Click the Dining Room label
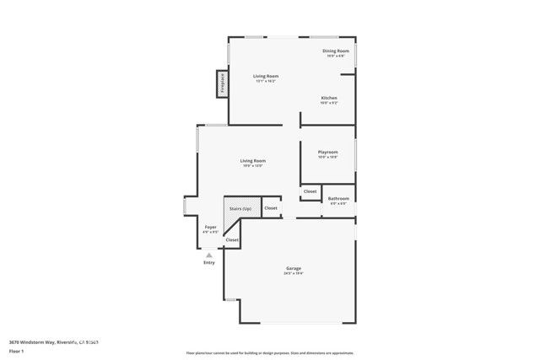336,51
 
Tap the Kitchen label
329,98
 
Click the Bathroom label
339,198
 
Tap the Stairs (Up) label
240,207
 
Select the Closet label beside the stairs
271,207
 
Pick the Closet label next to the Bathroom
310,191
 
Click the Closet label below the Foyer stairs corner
232,239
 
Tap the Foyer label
211,226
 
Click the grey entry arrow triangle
209,254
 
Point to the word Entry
209,262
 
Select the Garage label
294,269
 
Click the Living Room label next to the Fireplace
267,76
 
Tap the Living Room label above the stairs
252,160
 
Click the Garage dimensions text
294,274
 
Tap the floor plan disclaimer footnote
270,352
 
